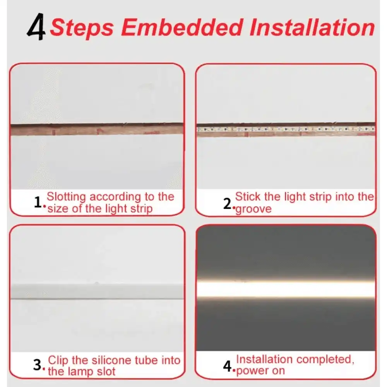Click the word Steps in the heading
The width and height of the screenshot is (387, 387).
point(82,27)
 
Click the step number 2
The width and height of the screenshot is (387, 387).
point(228,203)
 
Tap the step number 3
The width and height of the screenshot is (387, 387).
point(38,365)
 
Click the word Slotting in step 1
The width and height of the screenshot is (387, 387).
point(66,197)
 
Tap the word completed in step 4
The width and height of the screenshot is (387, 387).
point(325,359)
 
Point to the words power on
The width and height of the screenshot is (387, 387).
point(260,370)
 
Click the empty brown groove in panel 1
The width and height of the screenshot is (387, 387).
point(97,129)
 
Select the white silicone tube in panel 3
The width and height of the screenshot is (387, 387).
point(97,291)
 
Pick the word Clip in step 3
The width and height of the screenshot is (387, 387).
point(58,360)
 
